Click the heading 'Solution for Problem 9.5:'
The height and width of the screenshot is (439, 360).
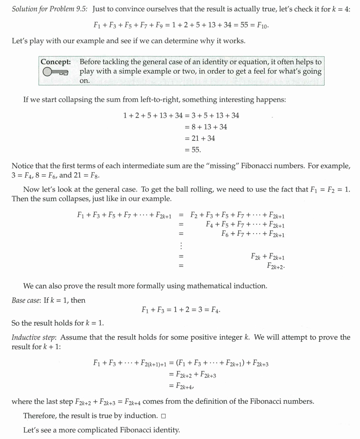click(50, 9)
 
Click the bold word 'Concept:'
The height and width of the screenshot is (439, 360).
click(56, 62)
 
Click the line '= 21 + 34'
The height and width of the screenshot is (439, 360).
click(200, 138)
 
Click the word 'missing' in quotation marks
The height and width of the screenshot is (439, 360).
click(226, 166)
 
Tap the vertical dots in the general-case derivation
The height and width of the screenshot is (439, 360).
click(181, 245)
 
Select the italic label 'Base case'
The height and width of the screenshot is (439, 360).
click(26, 300)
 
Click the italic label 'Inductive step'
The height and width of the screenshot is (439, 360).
click(33, 337)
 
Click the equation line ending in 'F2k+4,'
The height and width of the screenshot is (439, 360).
click(183, 386)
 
